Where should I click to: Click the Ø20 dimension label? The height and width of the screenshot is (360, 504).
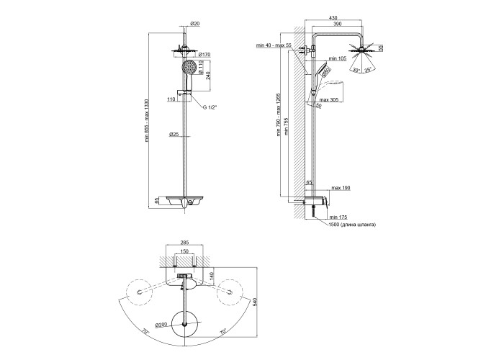click(194, 24)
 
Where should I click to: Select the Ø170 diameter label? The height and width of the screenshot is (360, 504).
click(204, 54)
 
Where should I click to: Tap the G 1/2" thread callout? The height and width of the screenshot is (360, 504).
click(209, 107)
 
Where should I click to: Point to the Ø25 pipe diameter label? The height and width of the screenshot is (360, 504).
click(174, 134)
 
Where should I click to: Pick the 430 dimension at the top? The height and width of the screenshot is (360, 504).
click(333, 18)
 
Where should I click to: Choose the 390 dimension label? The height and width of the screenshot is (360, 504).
click(339, 24)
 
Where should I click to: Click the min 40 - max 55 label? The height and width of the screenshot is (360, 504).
click(275, 45)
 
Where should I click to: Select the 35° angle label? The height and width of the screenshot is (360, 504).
click(367, 70)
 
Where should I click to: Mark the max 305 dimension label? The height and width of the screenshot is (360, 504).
click(330, 99)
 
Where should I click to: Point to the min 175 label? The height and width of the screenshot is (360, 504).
click(338, 216)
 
